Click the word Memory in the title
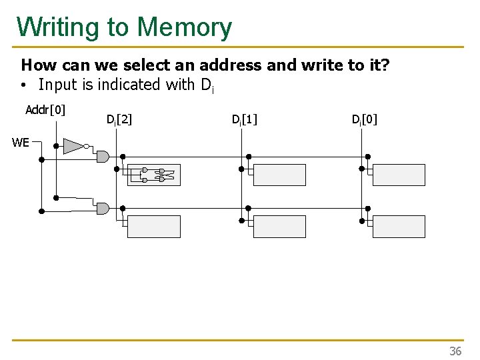pos(185,27)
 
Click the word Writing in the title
pos(59,27)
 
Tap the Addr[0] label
pos(45,110)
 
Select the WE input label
pos(20,142)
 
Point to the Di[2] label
pos(119,120)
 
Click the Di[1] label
pos(244,120)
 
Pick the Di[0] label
pos(365,120)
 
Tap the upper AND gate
pos(103,156)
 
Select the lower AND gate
pos(103,209)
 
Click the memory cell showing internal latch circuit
pos(154,175)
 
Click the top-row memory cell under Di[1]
pos(280,175)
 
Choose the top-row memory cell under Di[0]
pos(399,175)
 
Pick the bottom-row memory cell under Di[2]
pos(154,227)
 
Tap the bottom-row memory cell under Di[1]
pos(280,227)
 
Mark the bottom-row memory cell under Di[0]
pos(399,227)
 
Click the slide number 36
pos(455,351)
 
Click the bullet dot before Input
pos(23,85)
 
